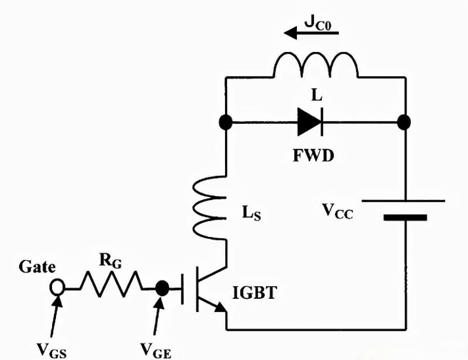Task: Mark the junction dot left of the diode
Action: [x=226, y=123]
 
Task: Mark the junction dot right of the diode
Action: [x=405, y=123]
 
